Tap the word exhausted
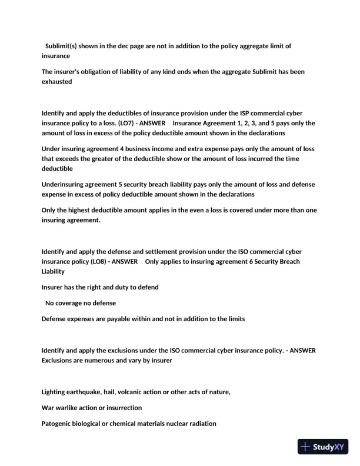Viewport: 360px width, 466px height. point(56,82)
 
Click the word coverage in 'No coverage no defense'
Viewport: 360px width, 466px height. point(74,303)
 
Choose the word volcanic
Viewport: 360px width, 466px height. point(148,392)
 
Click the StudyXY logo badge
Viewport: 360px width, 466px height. point(322,447)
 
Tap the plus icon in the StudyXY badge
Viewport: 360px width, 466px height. point(305,447)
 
